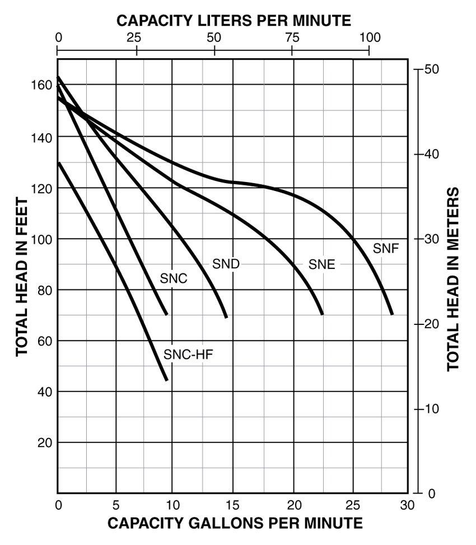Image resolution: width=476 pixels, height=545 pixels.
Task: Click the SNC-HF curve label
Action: pos(188,355)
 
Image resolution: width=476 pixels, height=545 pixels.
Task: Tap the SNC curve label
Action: pos(173,278)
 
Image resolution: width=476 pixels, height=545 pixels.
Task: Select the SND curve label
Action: pos(226,264)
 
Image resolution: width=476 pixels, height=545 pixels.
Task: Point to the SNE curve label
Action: pos(321,264)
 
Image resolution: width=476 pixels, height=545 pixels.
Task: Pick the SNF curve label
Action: pos(386,248)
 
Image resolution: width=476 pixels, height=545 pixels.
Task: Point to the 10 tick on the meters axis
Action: pos(429,409)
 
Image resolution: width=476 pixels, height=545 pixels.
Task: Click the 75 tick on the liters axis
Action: pos(292,38)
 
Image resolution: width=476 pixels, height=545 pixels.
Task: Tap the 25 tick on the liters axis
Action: pos(136,38)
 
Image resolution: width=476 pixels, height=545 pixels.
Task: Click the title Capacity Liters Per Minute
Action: pos(234,21)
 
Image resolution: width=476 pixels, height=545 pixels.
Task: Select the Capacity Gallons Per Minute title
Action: pos(235,524)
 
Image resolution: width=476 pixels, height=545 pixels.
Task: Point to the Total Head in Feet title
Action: pos(21,277)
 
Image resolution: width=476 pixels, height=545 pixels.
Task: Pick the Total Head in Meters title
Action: pos(453,279)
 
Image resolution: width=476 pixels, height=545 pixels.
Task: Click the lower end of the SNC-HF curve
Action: pos(166,380)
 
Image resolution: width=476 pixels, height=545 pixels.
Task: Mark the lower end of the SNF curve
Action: pos(392,314)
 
